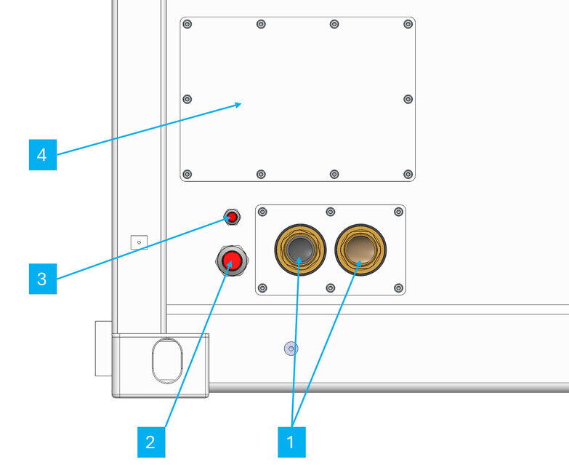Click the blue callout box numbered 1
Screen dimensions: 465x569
(291, 442)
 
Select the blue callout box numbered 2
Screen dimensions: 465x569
(150, 442)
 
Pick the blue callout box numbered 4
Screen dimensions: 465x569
(42, 155)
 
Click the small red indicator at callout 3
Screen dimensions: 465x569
(233, 217)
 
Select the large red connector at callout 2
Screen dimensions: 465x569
(232, 260)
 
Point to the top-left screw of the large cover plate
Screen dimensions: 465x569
(187, 25)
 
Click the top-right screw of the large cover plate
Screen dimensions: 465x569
(408, 25)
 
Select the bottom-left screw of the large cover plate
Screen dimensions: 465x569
(187, 174)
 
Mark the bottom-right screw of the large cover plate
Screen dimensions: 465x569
(408, 174)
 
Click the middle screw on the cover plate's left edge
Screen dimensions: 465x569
(187, 99)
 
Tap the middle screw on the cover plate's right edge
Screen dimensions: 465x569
(408, 99)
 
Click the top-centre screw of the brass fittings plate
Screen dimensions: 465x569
(330, 212)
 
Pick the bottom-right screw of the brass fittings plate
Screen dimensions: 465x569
(398, 287)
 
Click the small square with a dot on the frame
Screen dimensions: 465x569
(139, 242)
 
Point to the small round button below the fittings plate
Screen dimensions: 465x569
(291, 349)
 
